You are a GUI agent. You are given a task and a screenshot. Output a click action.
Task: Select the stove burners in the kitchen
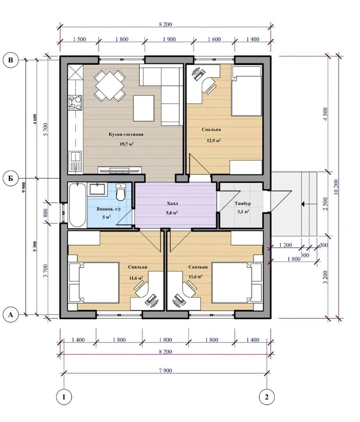[x=75, y=103]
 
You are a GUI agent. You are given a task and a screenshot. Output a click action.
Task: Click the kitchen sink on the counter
[x=75, y=161]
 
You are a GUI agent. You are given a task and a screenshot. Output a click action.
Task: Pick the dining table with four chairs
[x=110, y=86]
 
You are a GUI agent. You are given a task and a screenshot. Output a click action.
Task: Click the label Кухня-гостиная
[x=126, y=134]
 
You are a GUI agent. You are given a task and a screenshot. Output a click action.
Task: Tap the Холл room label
[x=172, y=204]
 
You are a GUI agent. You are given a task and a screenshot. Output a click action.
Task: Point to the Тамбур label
[x=243, y=204]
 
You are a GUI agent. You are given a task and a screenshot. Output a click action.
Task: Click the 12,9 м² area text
[x=214, y=140]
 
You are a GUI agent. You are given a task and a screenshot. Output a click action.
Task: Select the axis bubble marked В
[x=11, y=60]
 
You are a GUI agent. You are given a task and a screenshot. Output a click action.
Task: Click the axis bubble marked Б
[x=11, y=178]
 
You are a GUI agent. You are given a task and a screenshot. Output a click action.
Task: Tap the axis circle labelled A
[x=11, y=314]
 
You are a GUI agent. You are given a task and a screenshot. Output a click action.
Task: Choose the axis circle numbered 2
[x=267, y=397]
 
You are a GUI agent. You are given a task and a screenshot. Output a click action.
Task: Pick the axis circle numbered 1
[x=64, y=397]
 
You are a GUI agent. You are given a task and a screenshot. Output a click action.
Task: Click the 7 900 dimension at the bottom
[x=165, y=370]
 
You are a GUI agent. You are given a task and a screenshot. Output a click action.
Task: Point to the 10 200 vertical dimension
[x=336, y=187]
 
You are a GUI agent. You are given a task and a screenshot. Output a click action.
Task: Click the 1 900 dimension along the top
[x=169, y=39]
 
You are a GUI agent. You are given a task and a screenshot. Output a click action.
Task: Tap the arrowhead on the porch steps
[x=303, y=204]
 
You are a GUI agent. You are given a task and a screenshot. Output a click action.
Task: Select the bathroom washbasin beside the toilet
[x=97, y=189]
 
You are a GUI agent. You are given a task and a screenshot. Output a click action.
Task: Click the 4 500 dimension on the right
[x=325, y=114]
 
